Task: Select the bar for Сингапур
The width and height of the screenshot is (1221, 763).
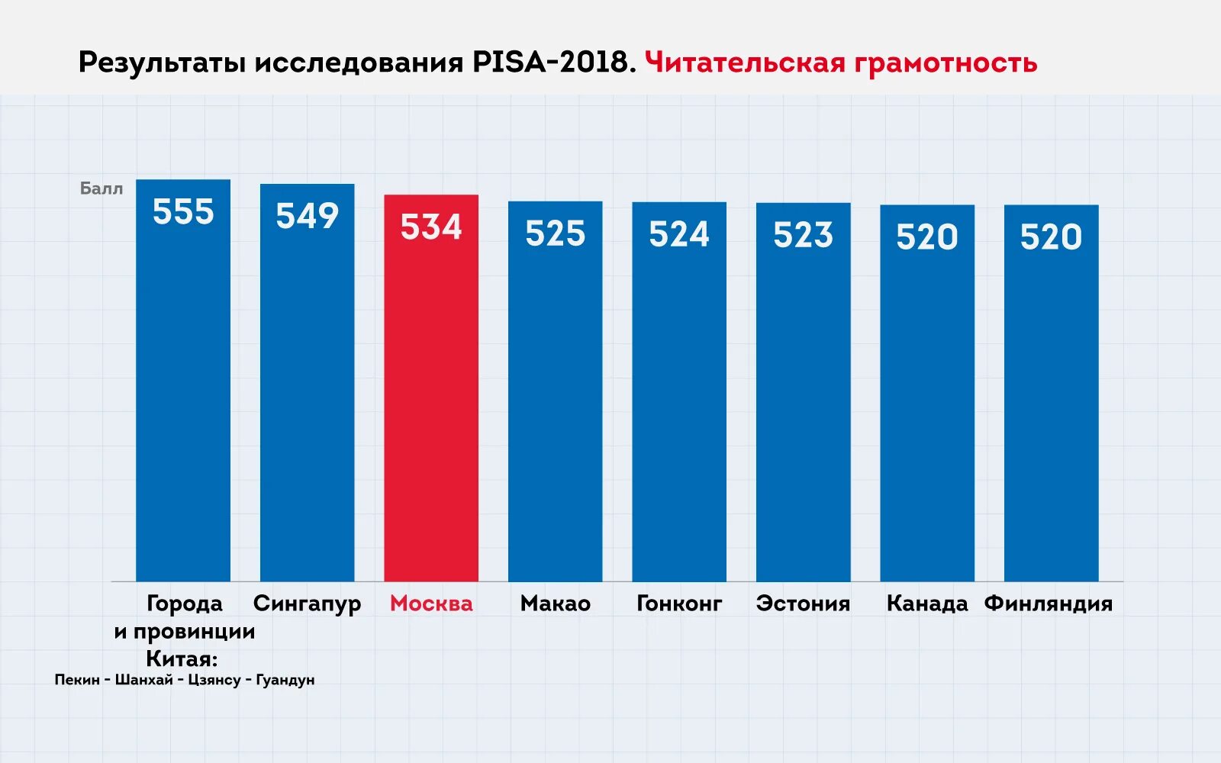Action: [x=307, y=397]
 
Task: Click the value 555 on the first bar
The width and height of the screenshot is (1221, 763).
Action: [x=183, y=212]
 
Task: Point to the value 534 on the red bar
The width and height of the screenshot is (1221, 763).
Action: [x=431, y=227]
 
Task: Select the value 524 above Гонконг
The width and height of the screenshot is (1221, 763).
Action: [x=679, y=234]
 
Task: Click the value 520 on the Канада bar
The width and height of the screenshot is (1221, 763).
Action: [x=927, y=237]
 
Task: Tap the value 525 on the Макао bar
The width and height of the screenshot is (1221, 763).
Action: [x=555, y=233]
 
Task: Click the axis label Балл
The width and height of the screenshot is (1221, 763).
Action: [x=101, y=188]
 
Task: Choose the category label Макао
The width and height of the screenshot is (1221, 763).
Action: [x=555, y=604]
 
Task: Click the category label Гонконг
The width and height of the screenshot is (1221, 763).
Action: [x=679, y=604]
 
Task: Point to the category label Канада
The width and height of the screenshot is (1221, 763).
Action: [x=927, y=604]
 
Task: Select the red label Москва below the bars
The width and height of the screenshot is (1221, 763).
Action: [x=431, y=604]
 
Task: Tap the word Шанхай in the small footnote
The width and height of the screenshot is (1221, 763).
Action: [x=144, y=680]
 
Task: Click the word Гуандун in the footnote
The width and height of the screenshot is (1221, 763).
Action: [x=285, y=680]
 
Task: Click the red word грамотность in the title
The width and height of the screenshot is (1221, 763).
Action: [x=946, y=63]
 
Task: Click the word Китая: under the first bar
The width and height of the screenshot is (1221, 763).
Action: [x=182, y=658]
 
